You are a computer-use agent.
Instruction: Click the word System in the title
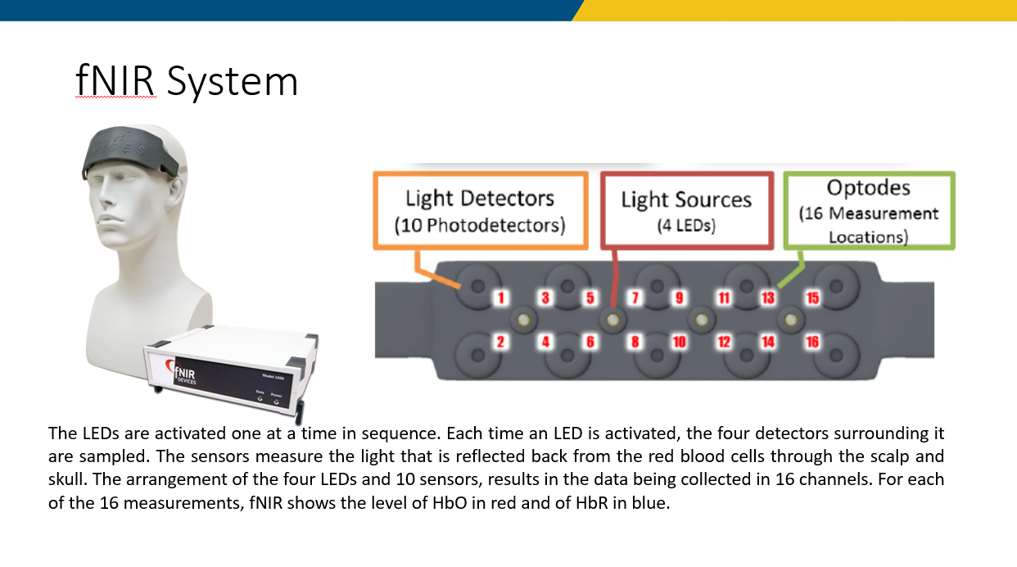(x=232, y=82)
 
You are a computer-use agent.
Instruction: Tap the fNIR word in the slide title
(x=115, y=80)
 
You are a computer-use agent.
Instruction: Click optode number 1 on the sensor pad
(x=501, y=298)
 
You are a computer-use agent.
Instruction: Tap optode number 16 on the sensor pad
(x=812, y=342)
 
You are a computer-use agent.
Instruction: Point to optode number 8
(x=635, y=342)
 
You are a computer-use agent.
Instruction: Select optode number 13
(x=768, y=298)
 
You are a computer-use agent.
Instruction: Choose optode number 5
(x=590, y=298)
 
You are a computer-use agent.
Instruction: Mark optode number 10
(x=679, y=342)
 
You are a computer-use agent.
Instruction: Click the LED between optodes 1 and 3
(x=523, y=320)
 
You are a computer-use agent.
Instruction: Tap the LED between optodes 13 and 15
(x=790, y=320)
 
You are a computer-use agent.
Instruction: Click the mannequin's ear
(x=176, y=191)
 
